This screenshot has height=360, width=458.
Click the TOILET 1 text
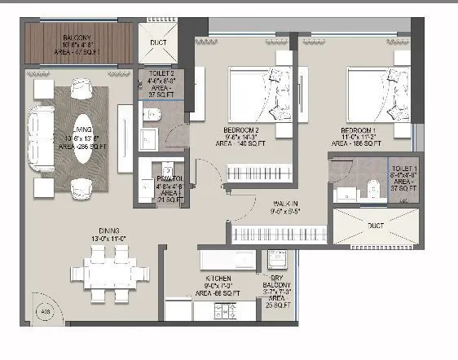coord(402,168)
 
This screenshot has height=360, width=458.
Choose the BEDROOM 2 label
coord(240,130)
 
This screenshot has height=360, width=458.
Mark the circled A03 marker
coord(46,310)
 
